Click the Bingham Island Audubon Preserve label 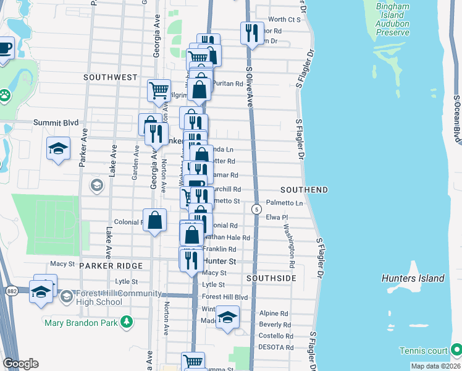pyautogui.click(x=393, y=19)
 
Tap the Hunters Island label pyautogui.click(x=413, y=278)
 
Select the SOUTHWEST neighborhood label pyautogui.click(x=111, y=77)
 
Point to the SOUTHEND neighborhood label pyautogui.click(x=304, y=189)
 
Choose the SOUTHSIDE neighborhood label pyautogui.click(x=271, y=279)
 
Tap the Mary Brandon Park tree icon pyautogui.click(x=127, y=322)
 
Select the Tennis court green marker pyautogui.click(x=456, y=348)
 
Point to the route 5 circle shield pyautogui.click(x=256, y=210)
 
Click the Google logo pyautogui.click(x=20, y=363)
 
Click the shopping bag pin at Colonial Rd pyautogui.click(x=154, y=221)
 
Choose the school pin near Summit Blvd pyautogui.click(x=59, y=148)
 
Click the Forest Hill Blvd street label pyautogui.click(x=224, y=297)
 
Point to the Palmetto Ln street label pyautogui.click(x=285, y=203)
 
